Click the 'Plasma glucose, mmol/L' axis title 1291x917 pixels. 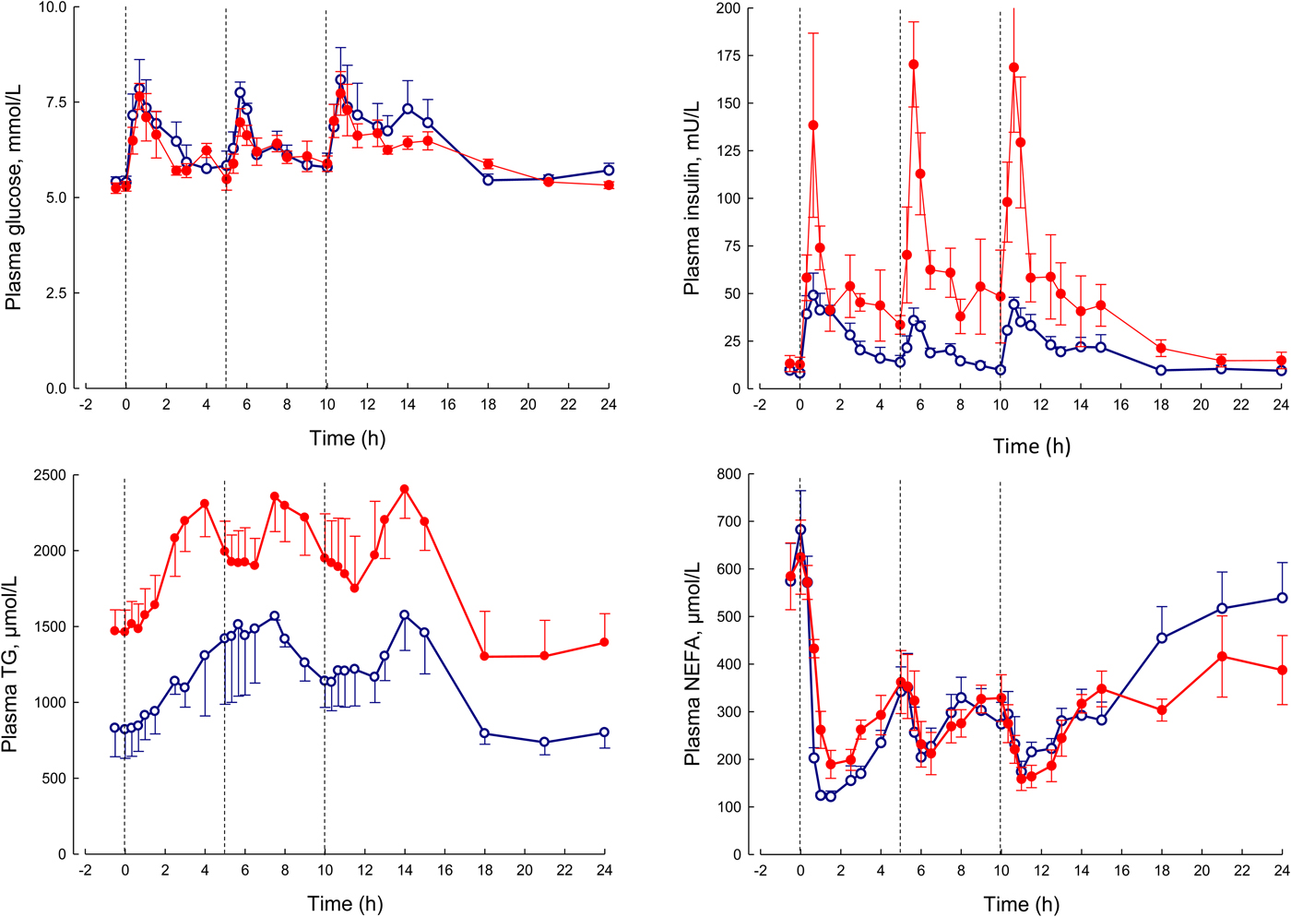click(15, 197)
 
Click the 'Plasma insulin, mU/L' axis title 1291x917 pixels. click(693, 197)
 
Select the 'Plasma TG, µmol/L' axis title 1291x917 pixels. click(11, 664)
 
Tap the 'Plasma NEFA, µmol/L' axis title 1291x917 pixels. click(693, 664)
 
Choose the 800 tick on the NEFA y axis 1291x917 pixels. click(728, 475)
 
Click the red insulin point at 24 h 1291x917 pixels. click(1281, 361)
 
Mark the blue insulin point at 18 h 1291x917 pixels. click(1161, 370)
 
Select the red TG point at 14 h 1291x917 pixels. click(404, 489)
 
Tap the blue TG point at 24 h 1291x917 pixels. click(605, 732)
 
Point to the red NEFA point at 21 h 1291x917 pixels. click(1222, 657)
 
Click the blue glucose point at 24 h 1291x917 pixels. click(609, 171)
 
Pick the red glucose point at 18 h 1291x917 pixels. click(488, 164)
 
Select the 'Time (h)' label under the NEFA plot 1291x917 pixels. click(1021, 904)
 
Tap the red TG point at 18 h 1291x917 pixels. click(485, 657)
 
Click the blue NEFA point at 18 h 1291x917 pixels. click(1162, 637)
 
